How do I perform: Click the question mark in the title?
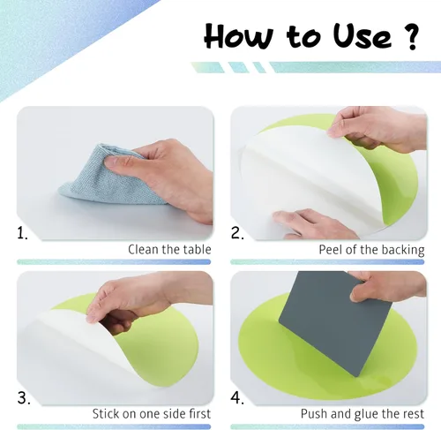click(x=409, y=37)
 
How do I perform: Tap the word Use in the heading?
click(x=363, y=36)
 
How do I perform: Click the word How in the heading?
click(x=239, y=36)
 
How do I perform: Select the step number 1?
click(x=22, y=233)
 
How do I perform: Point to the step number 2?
click(x=237, y=233)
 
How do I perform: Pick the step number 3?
click(x=24, y=398)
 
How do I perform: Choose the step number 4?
click(x=237, y=398)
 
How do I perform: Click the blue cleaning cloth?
click(x=108, y=177)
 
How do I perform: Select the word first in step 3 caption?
click(x=199, y=413)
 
